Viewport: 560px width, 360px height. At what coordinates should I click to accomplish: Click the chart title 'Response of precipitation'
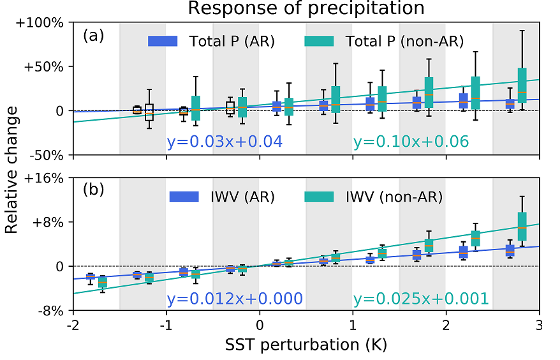point(306,8)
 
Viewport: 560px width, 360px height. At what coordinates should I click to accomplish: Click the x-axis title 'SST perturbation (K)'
point(306,345)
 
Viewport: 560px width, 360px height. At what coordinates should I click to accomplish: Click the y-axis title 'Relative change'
point(12,169)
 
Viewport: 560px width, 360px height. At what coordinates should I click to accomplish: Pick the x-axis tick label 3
point(540,326)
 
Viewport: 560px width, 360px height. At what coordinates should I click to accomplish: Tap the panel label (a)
point(93,36)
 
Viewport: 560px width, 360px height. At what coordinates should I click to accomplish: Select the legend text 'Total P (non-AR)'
point(404,41)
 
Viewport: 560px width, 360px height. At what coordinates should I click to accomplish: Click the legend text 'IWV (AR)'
point(242,197)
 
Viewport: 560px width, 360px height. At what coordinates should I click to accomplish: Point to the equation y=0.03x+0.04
point(224,141)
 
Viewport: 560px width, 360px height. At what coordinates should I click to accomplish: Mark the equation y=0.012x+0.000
point(234,299)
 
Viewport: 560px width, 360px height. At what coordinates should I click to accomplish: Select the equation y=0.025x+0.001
point(421,299)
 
